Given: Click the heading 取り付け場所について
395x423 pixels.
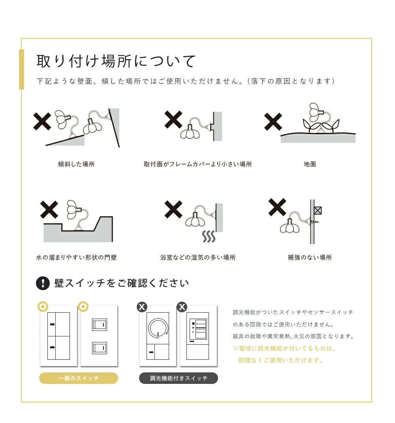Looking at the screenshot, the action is point(116,61).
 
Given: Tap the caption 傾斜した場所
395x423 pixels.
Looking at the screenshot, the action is point(76,164).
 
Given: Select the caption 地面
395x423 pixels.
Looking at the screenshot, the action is point(310,164).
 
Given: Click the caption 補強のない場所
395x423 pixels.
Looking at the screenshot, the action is point(310,257).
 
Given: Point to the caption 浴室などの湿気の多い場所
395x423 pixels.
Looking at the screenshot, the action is point(198,257).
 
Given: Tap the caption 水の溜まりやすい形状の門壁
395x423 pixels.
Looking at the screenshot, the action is point(76,257).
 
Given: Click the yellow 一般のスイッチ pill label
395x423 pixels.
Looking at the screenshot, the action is point(79,378).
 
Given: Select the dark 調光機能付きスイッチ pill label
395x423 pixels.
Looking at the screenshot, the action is point(179,378).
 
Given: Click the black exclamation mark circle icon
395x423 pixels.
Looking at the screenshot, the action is point(43,283).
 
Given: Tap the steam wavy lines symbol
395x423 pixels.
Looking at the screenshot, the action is point(209,236).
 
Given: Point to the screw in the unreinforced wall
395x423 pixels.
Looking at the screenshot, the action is point(315,222).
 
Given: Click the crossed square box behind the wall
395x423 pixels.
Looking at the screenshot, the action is point(318,210).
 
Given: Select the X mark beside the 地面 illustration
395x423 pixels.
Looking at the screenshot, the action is point(273,122).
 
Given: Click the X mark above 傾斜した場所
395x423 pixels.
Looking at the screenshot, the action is point(42,121).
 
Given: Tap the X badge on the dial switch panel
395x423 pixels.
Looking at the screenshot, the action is point(142,307).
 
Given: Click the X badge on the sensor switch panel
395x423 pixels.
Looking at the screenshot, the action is point(182,307).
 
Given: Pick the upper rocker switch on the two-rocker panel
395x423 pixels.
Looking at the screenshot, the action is point(100,325).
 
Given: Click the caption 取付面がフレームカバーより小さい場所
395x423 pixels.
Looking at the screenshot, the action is point(198,164).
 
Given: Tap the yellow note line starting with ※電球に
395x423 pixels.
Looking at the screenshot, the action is point(284,348).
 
